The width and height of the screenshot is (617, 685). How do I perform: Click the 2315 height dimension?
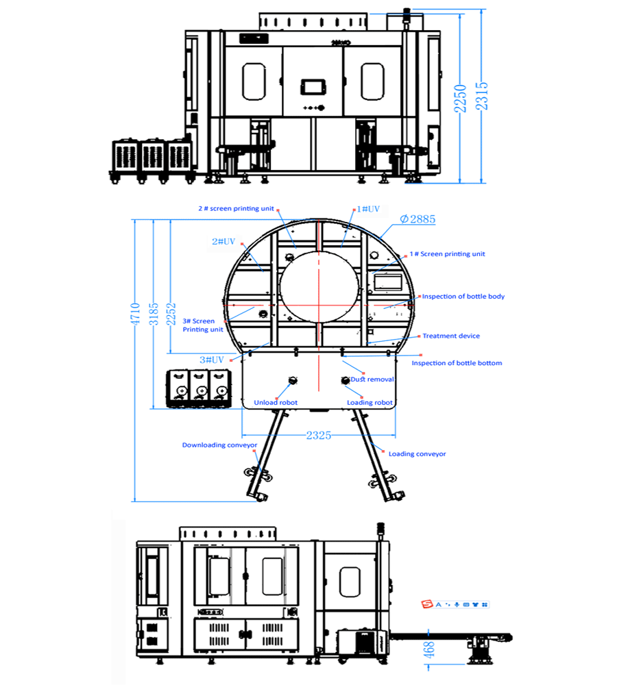click(481, 97)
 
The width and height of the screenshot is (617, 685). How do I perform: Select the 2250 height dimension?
click(460, 99)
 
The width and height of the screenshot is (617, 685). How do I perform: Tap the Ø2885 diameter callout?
click(418, 219)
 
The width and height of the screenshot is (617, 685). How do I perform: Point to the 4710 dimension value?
click(135, 314)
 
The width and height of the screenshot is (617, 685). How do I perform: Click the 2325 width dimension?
click(318, 435)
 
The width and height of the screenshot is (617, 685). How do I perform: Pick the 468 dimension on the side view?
click(429, 649)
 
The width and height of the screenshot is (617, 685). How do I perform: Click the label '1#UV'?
click(368, 209)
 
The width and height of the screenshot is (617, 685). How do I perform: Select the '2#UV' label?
click(223, 241)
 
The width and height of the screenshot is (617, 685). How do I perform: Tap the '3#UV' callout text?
click(212, 360)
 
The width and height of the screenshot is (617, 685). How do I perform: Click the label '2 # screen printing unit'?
click(236, 208)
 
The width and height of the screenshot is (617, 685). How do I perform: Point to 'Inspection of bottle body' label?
click(463, 296)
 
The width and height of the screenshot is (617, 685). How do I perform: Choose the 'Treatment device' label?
click(451, 336)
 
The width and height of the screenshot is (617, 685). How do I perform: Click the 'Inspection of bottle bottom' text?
click(457, 362)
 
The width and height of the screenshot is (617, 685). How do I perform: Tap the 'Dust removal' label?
click(372, 379)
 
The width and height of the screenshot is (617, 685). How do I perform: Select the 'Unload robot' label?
click(276, 402)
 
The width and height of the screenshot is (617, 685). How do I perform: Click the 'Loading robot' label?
click(370, 402)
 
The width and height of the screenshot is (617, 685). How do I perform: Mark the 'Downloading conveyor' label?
click(219, 445)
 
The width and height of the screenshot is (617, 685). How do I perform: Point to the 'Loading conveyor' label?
click(418, 453)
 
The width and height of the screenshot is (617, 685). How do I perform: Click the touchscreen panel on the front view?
click(313, 86)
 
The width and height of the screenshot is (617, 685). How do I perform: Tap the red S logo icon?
click(427, 604)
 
